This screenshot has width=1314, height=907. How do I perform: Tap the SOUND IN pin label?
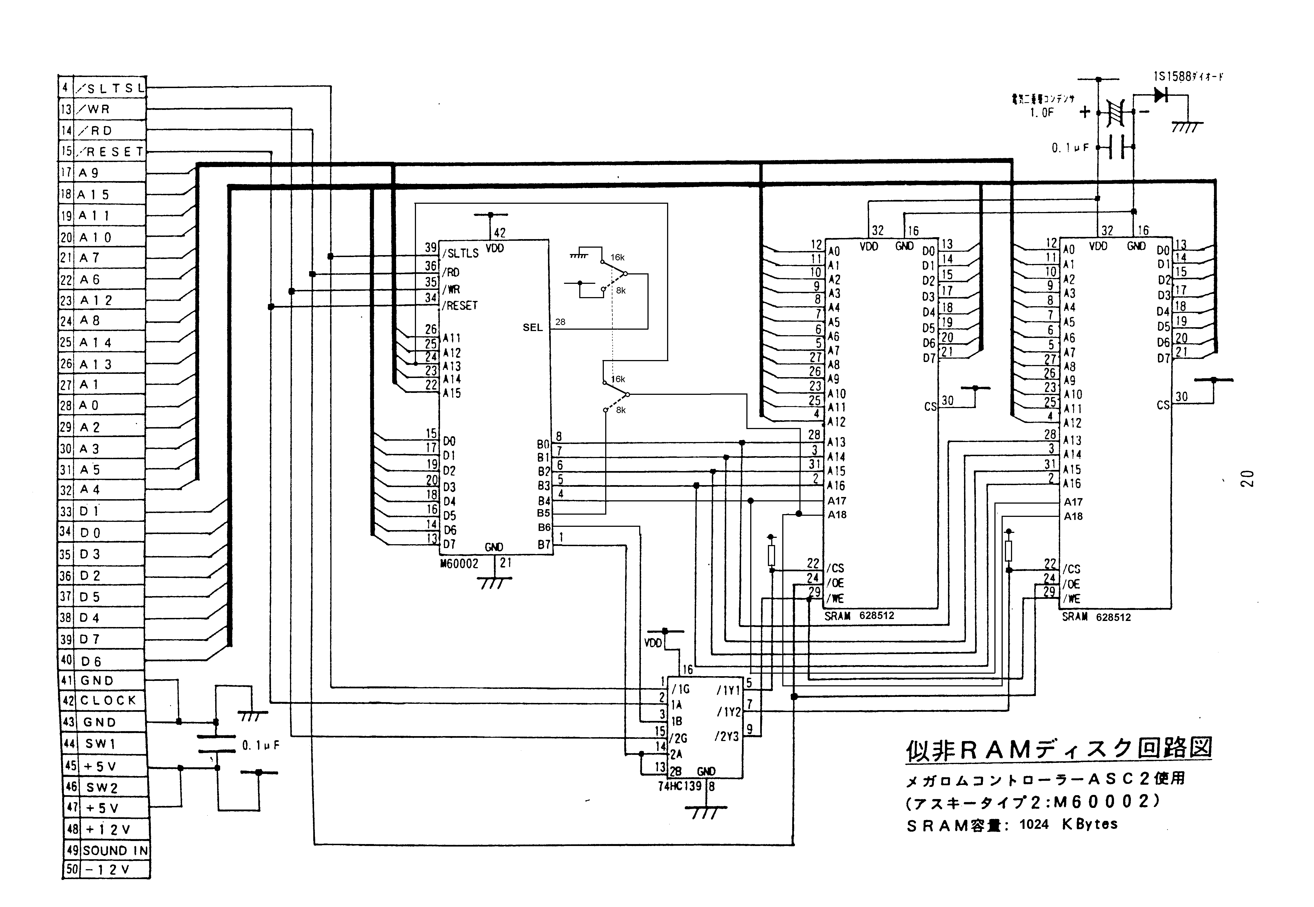point(115,851)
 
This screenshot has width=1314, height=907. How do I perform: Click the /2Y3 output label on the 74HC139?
point(727,737)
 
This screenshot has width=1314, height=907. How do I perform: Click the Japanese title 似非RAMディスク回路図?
point(1058,749)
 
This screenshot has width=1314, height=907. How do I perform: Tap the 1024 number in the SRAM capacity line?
point(1034,825)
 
